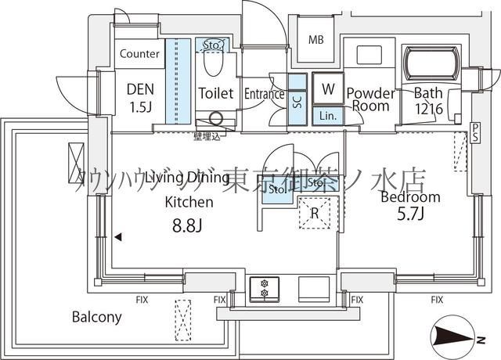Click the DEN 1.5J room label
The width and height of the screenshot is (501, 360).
[140, 96]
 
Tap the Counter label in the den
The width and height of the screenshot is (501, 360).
[141, 54]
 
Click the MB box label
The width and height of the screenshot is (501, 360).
[315, 40]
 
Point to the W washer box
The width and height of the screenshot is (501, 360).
[324, 89]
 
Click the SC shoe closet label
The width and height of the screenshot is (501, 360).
[297, 100]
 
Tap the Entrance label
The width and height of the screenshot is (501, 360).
[264, 94]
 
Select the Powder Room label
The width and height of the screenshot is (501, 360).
[370, 98]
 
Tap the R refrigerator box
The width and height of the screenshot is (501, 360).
[314, 211]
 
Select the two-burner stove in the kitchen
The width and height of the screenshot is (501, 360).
[264, 288]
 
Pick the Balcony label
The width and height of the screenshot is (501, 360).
[96, 317]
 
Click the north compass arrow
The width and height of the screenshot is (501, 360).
[454, 337]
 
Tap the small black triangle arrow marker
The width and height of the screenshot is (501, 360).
[117, 236]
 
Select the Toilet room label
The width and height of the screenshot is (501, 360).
[215, 93]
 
